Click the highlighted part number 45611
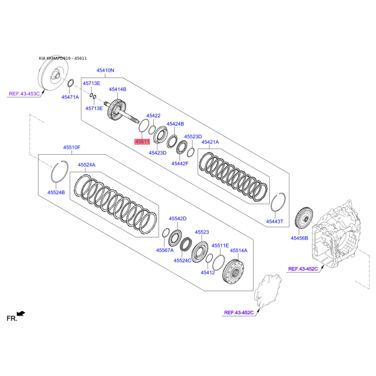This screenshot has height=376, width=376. pyautogui.click(x=142, y=142)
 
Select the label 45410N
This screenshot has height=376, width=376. pyautogui.click(x=105, y=70)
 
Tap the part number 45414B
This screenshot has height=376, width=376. pyautogui.click(x=117, y=89)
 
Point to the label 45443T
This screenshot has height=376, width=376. pyautogui.click(x=274, y=221)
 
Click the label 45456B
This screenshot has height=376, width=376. pyautogui.click(x=299, y=238)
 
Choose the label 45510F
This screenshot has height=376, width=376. pyautogui.click(x=72, y=147)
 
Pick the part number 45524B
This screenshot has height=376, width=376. pyautogui.click(x=56, y=192)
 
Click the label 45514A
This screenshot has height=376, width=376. pyautogui.click(x=239, y=251)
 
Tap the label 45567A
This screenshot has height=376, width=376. pyautogui.click(x=165, y=250)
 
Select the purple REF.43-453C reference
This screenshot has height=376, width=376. pyautogui.click(x=24, y=94)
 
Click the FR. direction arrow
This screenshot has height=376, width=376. pyautogui.click(x=21, y=313)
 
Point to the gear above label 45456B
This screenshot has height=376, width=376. pyautogui.click(x=304, y=219)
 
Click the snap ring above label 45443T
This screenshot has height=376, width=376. pyautogui.click(x=278, y=202)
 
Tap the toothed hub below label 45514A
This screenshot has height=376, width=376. pyautogui.click(x=233, y=272)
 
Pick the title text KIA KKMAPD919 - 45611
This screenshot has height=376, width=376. pyautogui.click(x=63, y=58)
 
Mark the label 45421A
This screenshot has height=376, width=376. pyautogui.click(x=210, y=142)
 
